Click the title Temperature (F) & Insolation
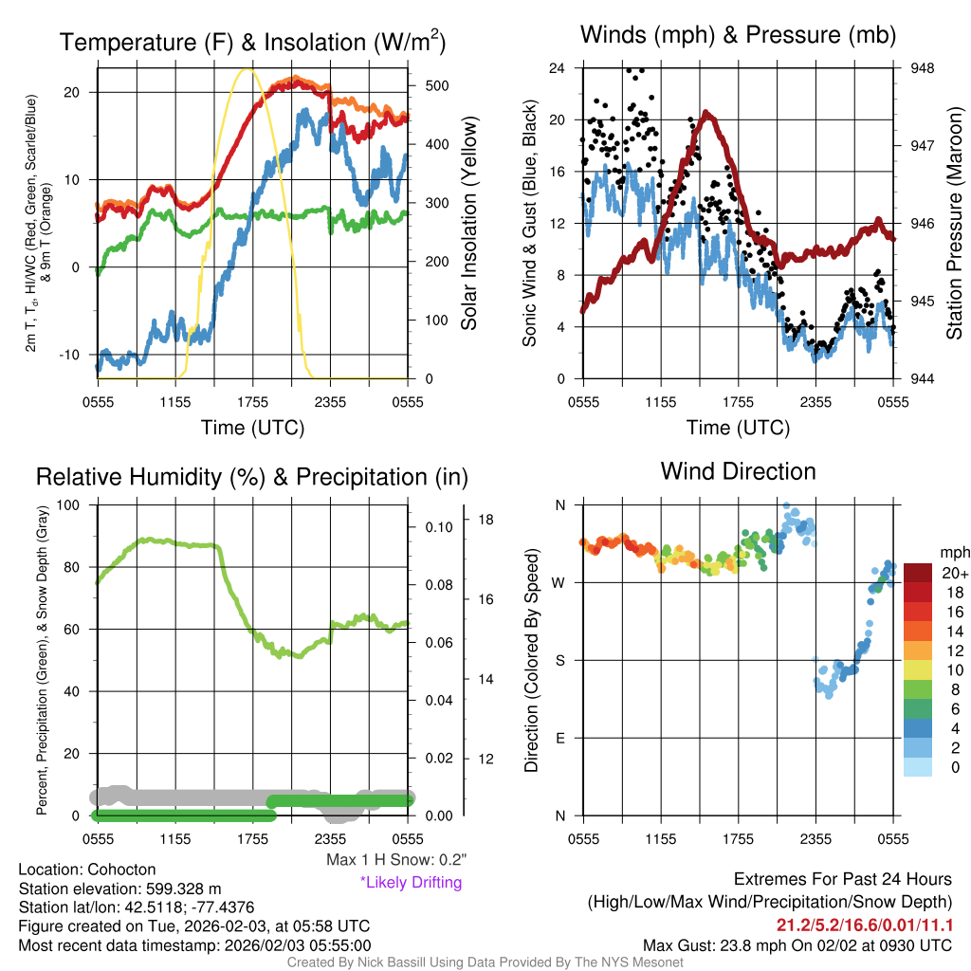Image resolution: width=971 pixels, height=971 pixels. tap(252, 43)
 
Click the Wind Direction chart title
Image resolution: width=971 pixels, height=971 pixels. tap(738, 471)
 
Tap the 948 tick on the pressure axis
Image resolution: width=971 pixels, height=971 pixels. tap(922, 68)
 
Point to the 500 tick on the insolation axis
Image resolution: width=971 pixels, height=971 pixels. tap(436, 85)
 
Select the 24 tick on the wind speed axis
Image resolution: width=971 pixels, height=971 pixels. tap(557, 68)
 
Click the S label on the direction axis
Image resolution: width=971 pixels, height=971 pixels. tap(559, 660)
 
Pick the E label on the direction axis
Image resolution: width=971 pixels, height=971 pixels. tap(559, 738)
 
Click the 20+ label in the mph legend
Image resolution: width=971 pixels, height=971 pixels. tap(952, 574)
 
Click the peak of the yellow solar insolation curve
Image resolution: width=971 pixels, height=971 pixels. tap(247, 69)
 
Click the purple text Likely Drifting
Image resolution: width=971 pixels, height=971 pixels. tap(411, 883)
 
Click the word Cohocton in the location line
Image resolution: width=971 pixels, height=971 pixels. tap(121, 869)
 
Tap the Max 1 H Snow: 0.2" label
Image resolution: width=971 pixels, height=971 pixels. tap(396, 859)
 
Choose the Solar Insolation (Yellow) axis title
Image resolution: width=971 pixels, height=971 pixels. tap(468, 225)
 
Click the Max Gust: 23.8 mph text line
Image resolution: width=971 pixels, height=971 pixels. tap(797, 944)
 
